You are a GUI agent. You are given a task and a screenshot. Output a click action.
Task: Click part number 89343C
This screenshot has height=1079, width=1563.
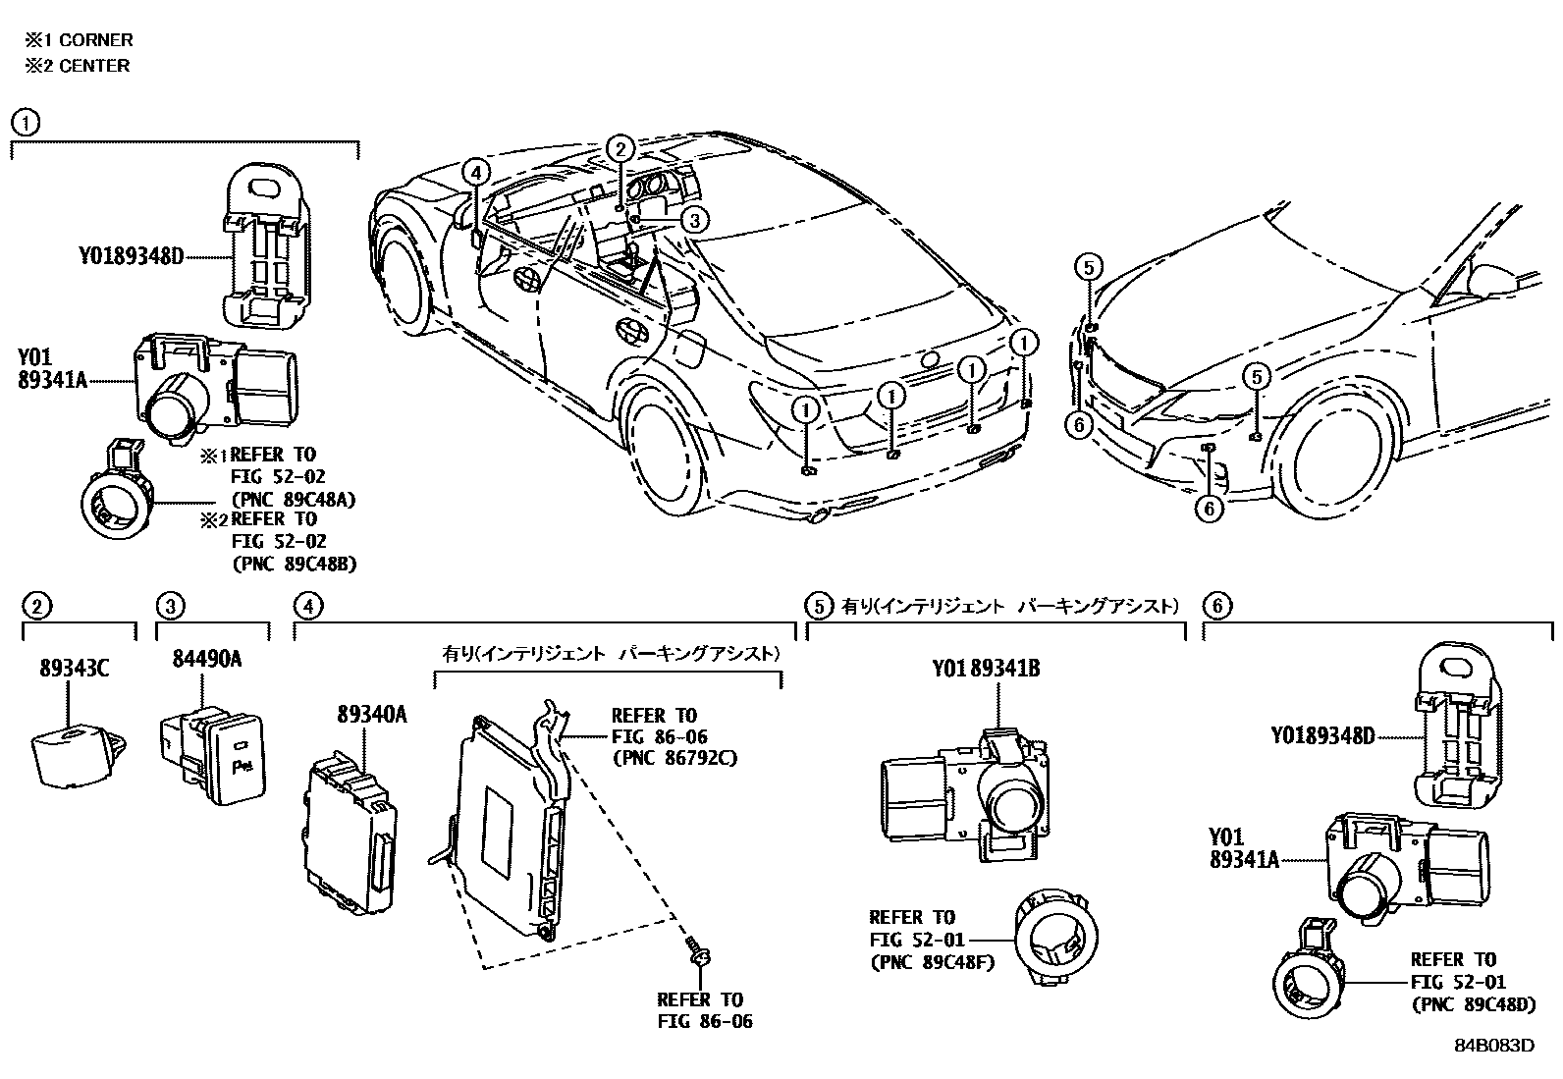[74, 670]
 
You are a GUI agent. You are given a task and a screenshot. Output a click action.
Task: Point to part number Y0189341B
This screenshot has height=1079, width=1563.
[986, 670]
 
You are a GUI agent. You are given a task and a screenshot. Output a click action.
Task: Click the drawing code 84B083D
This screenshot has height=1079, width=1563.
[1493, 1045]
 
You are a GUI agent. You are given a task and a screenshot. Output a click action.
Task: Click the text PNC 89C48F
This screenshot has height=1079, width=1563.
[932, 962]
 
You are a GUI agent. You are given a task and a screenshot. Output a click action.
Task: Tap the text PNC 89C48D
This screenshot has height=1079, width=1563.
[1473, 1004]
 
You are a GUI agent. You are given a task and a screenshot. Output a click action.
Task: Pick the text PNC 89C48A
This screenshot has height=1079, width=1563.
[294, 499]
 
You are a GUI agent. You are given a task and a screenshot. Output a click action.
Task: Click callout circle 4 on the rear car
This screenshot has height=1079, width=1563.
[474, 174]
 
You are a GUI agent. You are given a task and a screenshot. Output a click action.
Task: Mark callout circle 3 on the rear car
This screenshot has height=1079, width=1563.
[693, 221]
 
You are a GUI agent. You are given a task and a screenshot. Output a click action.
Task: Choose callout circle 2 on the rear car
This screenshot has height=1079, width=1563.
[620, 148]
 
